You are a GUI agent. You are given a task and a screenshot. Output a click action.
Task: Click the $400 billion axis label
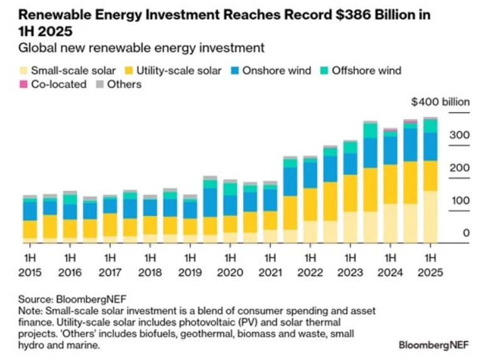[436, 102]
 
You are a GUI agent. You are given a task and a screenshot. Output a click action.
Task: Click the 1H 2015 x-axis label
[30, 265]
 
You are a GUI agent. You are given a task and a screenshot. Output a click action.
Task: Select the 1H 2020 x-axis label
[230, 265]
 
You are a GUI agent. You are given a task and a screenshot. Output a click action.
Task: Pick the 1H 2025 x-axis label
[430, 265]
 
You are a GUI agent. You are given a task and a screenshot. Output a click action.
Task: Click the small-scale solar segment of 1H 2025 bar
[430, 217]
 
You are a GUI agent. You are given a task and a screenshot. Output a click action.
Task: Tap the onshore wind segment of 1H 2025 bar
[430, 146]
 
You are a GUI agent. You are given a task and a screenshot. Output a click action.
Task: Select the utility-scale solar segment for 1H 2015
[30, 229]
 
